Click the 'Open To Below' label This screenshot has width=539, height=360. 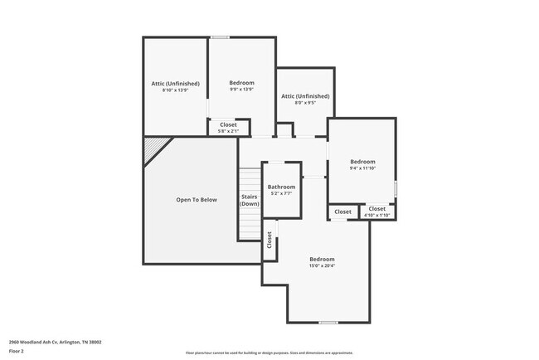(197, 200)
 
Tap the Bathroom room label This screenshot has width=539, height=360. (281, 187)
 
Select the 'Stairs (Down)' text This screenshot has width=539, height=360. (250, 201)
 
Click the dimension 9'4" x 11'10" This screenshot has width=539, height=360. (362, 168)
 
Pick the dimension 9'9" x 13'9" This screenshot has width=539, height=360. (241, 90)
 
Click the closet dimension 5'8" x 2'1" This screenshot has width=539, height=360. (228, 131)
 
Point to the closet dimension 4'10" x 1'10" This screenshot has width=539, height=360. (377, 216)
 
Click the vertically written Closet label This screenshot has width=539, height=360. (269, 240)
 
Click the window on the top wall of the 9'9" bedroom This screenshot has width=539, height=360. (220, 37)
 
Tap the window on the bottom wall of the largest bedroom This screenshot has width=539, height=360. (329, 322)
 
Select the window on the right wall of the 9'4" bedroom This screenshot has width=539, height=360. (396, 188)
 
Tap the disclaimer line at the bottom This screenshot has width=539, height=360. (269, 353)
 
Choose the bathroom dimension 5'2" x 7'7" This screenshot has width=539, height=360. (281, 194)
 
